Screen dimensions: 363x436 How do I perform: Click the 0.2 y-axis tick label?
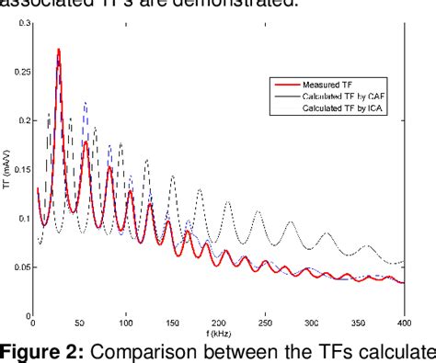[20, 119]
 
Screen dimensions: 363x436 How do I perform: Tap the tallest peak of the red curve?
[59, 50]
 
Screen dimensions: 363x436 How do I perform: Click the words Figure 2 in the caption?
[38, 351]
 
